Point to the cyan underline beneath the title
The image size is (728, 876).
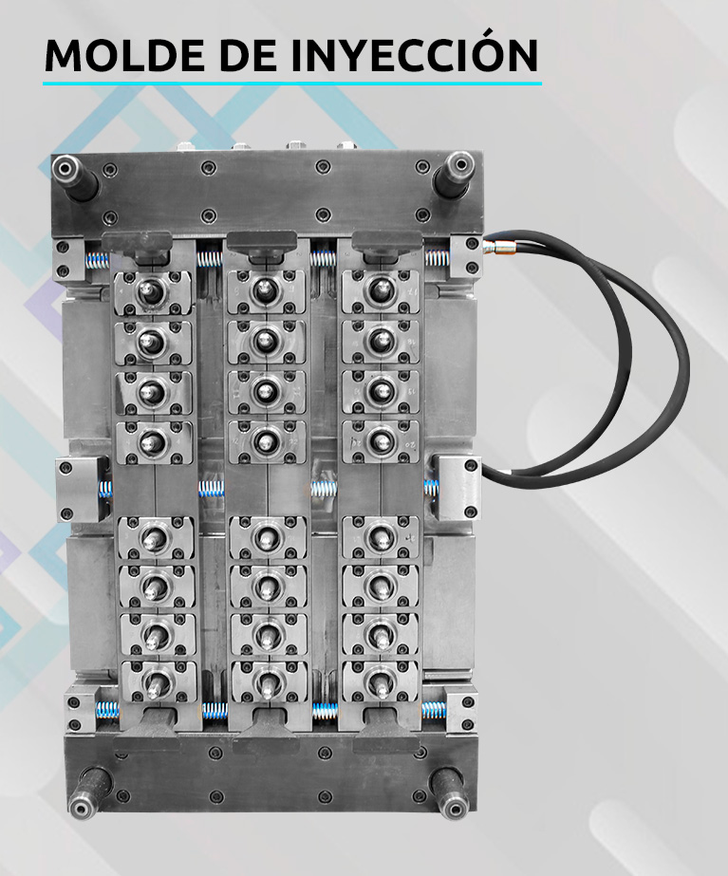[292, 84]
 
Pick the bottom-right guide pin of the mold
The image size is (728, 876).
[450, 792]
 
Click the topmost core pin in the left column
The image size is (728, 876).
[150, 290]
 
